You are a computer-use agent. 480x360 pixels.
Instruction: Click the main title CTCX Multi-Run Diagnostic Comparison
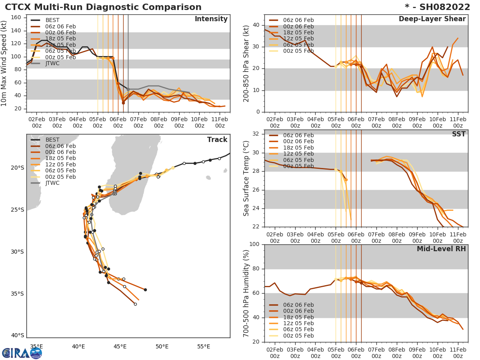click(x=103, y=7)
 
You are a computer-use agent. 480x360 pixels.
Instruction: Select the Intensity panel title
click(x=211, y=19)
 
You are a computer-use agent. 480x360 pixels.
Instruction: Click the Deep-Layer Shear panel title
click(x=432, y=19)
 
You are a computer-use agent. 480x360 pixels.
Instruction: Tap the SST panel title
click(x=458, y=134)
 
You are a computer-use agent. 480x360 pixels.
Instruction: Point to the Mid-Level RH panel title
click(x=441, y=249)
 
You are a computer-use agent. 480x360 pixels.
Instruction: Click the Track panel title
click(x=217, y=140)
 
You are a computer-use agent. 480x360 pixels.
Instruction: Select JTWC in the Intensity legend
click(x=52, y=63)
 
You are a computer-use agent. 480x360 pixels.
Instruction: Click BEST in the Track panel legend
click(x=52, y=140)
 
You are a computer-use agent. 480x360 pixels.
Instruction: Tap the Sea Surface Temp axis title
click(x=246, y=178)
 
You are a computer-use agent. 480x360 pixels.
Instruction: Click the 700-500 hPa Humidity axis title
click(x=246, y=293)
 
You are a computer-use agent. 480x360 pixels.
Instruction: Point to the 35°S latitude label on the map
click(x=18, y=294)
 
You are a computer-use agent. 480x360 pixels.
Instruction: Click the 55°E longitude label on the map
click(x=204, y=346)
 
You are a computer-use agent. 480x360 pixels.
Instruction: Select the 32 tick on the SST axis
click(x=257, y=134)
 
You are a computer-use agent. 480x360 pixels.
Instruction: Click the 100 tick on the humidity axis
click(x=255, y=244)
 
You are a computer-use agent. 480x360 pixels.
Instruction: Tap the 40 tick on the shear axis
click(x=257, y=25)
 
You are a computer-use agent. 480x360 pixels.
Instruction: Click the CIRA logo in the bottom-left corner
click(x=22, y=353)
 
